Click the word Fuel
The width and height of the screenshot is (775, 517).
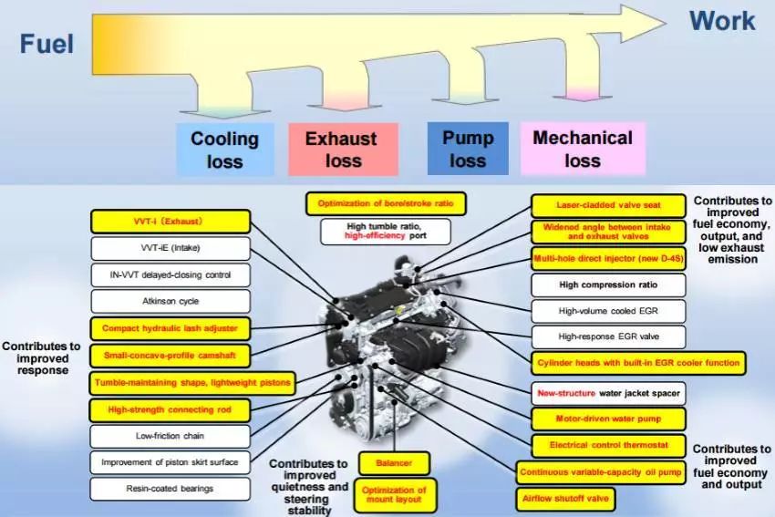click(46, 44)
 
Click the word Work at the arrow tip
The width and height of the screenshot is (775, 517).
click(722, 21)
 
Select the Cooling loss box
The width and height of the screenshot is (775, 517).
click(225, 150)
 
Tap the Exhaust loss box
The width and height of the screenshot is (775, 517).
click(343, 150)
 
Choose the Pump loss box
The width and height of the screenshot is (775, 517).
click(468, 149)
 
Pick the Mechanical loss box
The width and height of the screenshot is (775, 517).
click(583, 149)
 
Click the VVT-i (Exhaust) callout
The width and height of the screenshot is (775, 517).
click(170, 222)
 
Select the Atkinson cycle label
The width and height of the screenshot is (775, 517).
click(170, 301)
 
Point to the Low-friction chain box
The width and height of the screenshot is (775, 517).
click(170, 436)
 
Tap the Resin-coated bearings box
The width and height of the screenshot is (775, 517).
click(170, 489)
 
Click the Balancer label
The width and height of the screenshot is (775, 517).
click(394, 463)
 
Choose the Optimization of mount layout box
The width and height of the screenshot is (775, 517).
click(396, 495)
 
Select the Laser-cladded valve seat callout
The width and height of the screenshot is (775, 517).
click(608, 205)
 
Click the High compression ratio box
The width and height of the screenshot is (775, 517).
click(608, 284)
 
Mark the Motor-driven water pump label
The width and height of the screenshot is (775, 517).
click(608, 419)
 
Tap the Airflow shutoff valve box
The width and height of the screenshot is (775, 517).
click(565, 499)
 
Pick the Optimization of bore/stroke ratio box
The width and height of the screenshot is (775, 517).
click(386, 203)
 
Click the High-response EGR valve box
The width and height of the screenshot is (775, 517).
click(608, 336)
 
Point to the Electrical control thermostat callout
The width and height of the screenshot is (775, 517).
click(608, 445)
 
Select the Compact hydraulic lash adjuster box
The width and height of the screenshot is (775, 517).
click(170, 328)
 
